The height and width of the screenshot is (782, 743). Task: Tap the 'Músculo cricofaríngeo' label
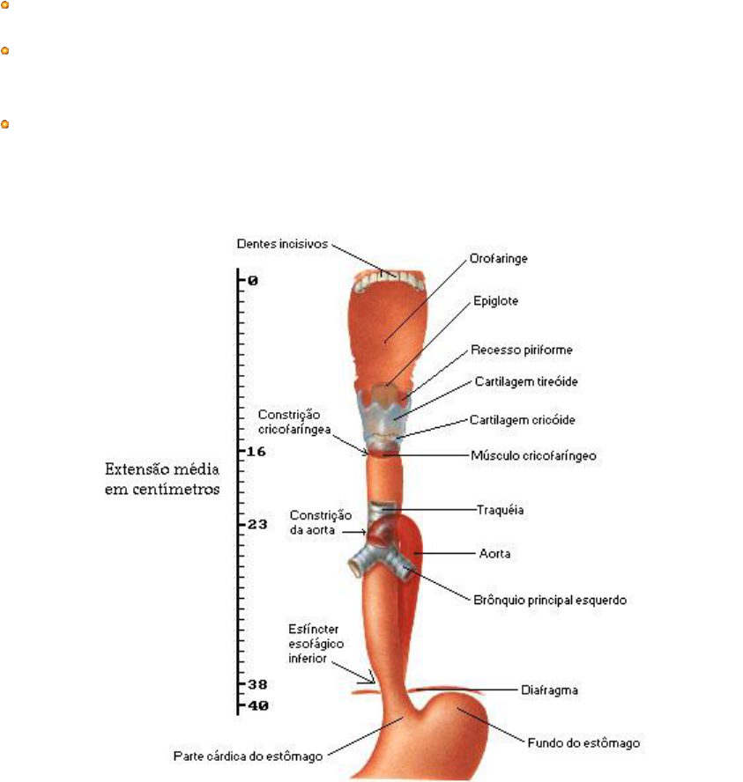pyautogui.click(x=534, y=456)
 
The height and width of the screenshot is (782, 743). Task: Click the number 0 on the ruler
pyautogui.click(x=252, y=281)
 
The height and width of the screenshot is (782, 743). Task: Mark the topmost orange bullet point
pyautogui.click(x=4, y=4)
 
